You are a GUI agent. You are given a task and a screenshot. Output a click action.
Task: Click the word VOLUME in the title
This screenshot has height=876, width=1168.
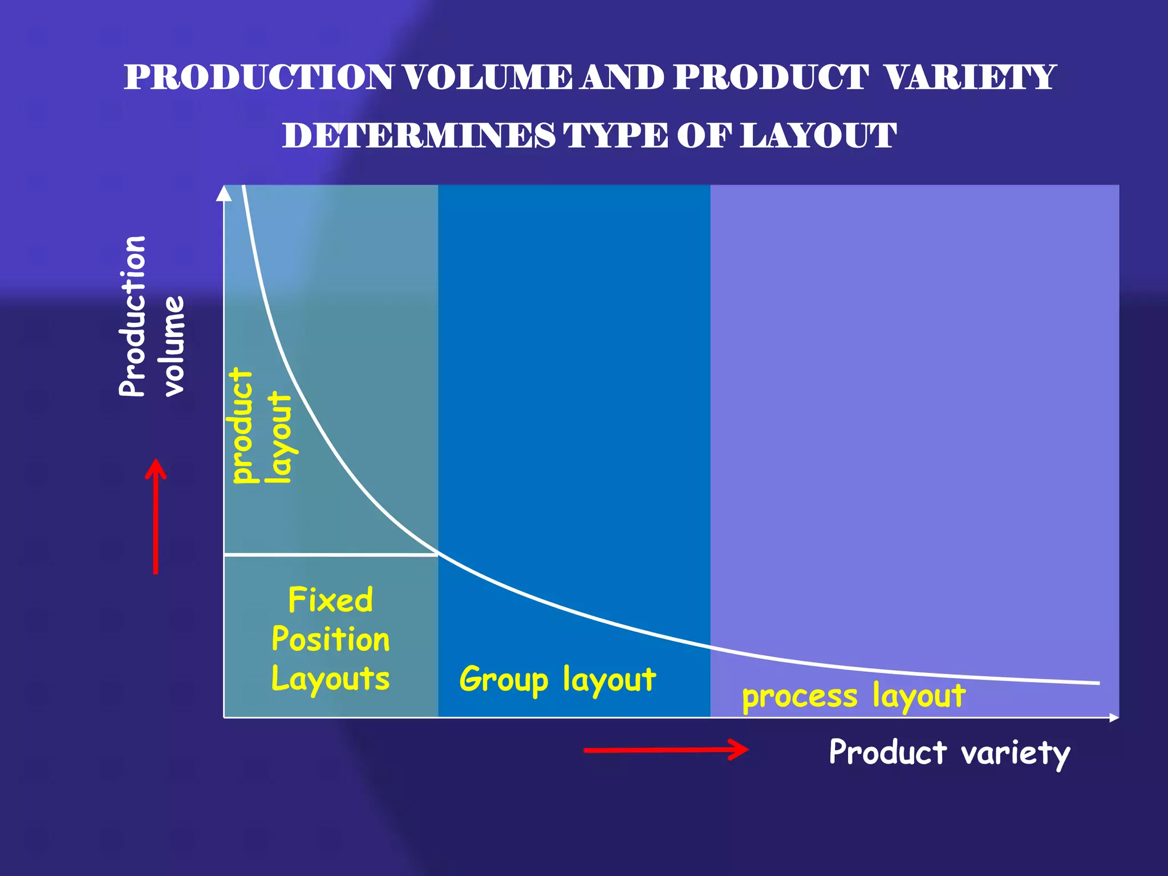point(488,78)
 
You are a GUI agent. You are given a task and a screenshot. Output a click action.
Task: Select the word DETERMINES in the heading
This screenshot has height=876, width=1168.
point(418,136)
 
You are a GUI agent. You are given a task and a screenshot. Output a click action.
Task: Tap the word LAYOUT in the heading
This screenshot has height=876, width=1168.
point(818,136)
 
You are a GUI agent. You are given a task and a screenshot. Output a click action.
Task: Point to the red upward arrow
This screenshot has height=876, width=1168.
point(155,516)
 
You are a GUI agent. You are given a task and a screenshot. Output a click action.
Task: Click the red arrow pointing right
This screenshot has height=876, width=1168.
point(666,749)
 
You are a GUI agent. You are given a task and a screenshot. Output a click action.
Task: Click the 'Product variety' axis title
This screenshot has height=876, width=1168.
point(949,752)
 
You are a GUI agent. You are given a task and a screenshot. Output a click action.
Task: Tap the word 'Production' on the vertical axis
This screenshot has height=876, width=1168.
point(133,316)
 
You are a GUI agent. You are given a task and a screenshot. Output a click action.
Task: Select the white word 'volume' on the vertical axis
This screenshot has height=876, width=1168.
point(174,346)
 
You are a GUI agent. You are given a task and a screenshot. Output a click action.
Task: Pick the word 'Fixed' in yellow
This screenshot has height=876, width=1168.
point(331,600)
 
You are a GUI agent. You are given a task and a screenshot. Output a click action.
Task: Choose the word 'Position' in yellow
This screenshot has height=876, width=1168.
point(331,639)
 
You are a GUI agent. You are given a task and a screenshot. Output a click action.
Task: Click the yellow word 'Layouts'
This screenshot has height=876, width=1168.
point(331,679)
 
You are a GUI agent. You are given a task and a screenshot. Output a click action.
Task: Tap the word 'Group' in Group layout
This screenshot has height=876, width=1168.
point(504,680)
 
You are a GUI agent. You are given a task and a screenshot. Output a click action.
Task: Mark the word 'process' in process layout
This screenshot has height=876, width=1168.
point(800,697)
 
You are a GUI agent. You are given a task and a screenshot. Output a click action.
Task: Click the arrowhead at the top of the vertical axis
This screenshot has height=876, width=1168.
point(224,193)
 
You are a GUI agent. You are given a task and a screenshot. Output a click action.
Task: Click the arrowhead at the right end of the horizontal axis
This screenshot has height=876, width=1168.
point(1114,717)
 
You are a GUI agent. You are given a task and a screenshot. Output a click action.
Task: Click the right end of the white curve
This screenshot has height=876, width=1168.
point(1097,682)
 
